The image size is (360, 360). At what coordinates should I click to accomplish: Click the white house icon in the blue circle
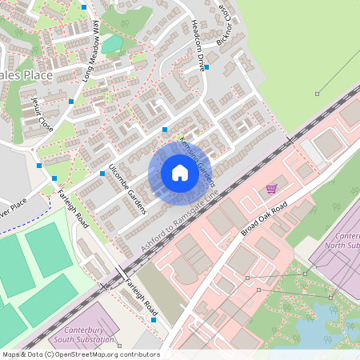coord(179,173)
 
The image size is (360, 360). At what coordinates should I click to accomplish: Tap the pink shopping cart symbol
coord(271,189)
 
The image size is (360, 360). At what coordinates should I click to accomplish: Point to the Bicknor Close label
coord(226,26)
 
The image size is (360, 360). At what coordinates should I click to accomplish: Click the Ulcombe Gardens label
coord(127,192)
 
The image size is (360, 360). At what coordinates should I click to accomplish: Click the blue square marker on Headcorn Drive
coord(206,68)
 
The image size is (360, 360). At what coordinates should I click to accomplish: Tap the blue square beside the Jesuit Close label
coord(71,102)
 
